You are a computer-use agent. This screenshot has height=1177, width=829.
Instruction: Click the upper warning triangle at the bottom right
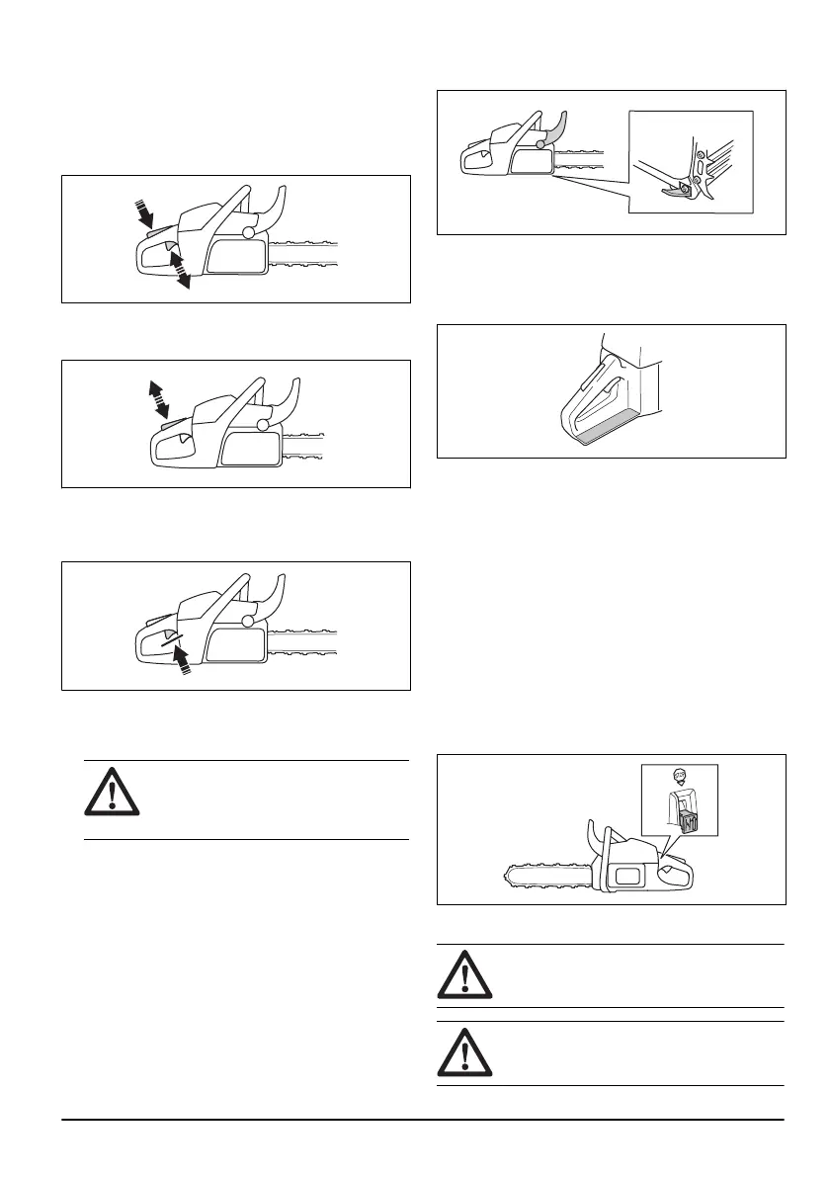pos(460,976)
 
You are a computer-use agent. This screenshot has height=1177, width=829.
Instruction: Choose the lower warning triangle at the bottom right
pos(460,1053)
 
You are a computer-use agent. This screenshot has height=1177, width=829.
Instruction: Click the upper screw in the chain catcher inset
pos(701,156)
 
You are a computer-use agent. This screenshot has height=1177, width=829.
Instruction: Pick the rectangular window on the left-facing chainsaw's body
pos(627,873)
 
